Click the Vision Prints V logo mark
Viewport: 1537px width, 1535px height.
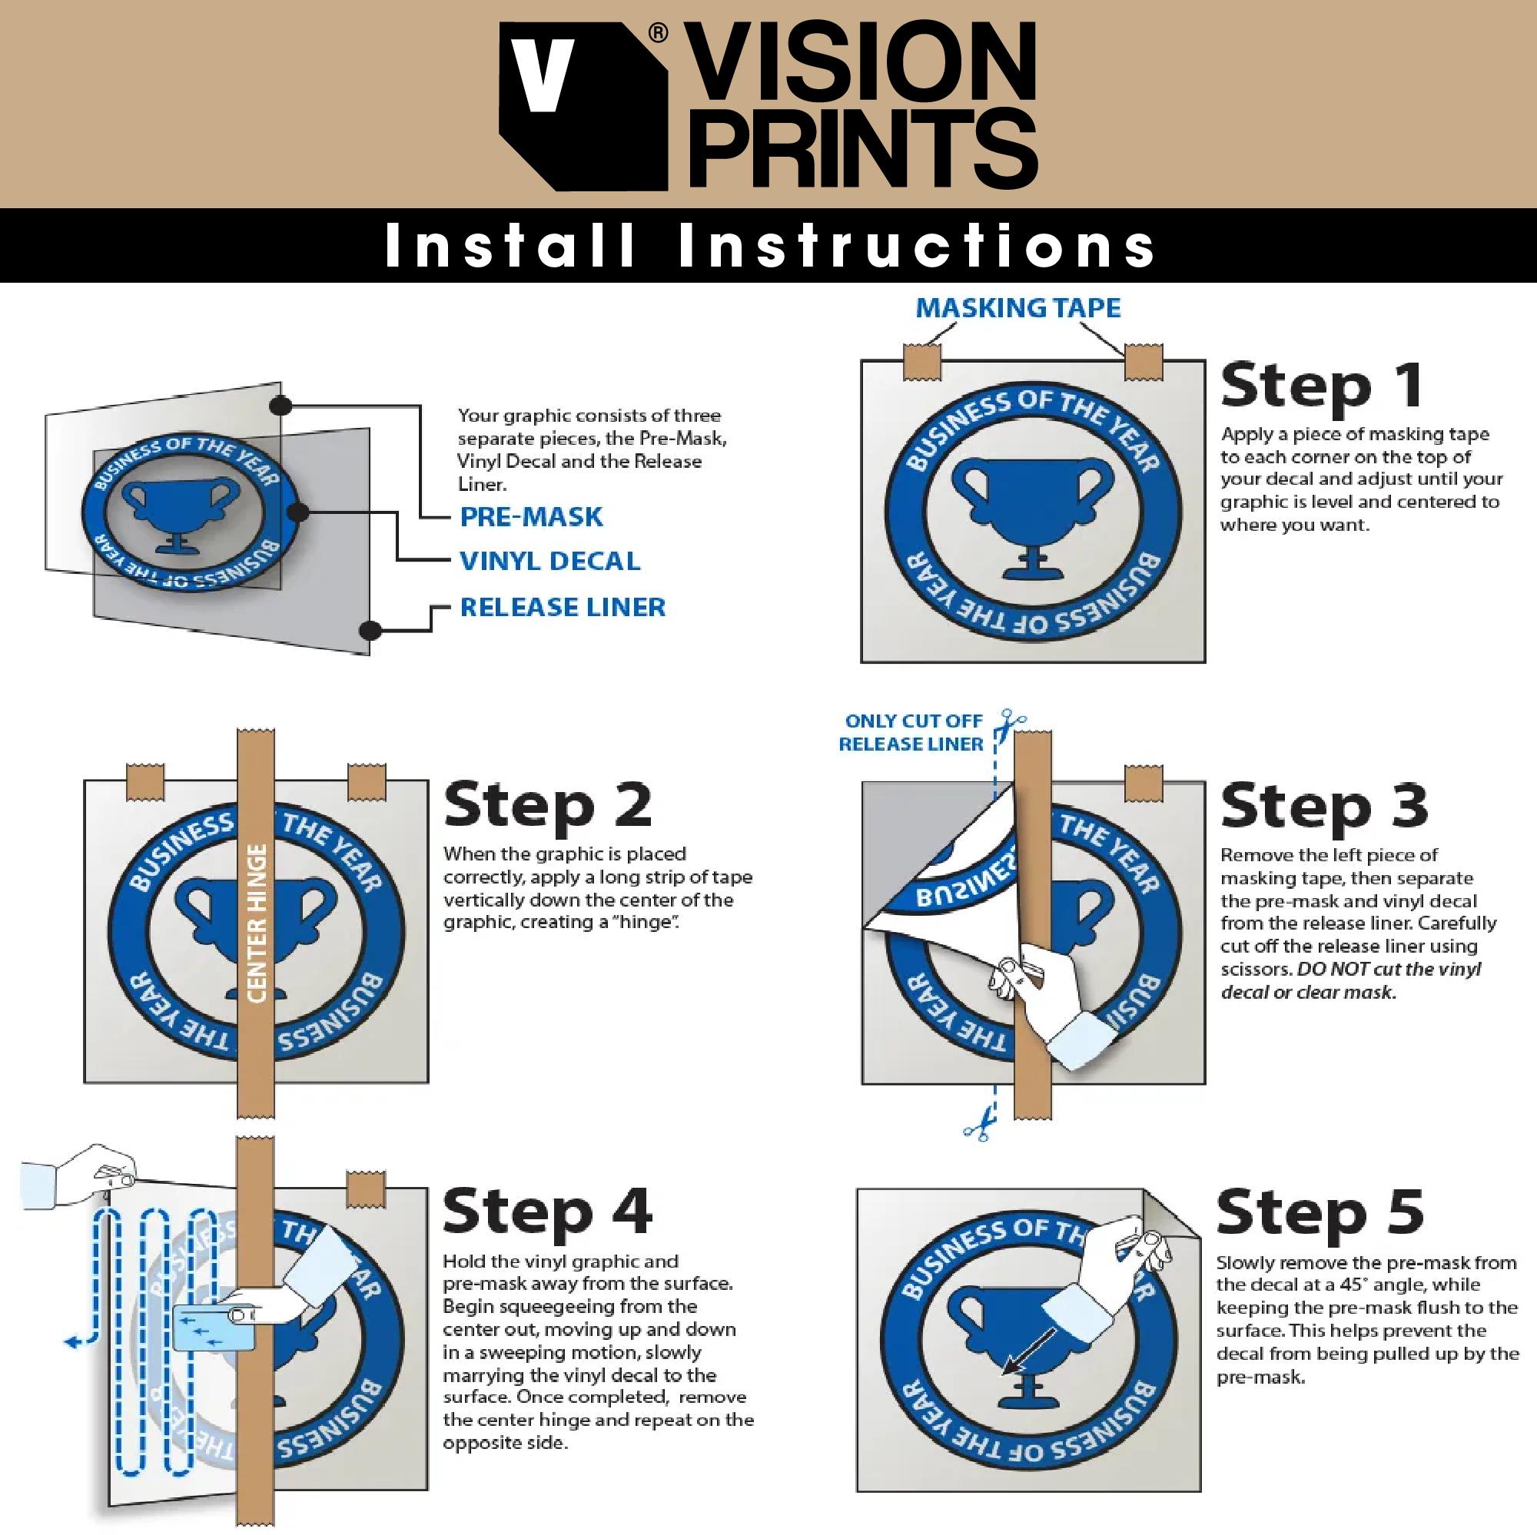583,107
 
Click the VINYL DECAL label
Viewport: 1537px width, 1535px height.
549,562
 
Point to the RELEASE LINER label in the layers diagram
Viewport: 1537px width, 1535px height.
563,608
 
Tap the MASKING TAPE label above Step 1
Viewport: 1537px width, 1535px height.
1018,308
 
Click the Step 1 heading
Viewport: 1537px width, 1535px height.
1321,387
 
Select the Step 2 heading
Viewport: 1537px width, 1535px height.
548,807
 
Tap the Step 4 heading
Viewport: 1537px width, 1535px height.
548,1212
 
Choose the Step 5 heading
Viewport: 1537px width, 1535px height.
1320,1212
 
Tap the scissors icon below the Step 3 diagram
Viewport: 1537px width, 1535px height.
977,1121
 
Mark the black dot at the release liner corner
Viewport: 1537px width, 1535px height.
369,631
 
